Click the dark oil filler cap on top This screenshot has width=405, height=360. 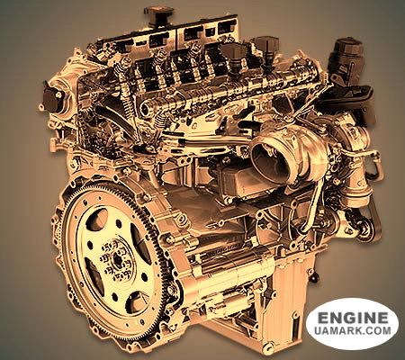(158, 14)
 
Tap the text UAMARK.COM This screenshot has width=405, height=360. (353, 330)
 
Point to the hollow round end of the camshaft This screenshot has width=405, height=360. (146, 107)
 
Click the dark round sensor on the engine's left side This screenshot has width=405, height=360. (52, 96)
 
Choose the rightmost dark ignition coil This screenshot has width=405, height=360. (267, 48)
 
